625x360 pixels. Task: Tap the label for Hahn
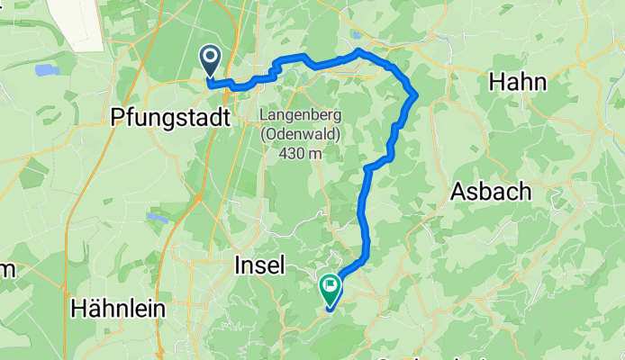[x=517, y=83]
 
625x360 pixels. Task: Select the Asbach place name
[x=491, y=193]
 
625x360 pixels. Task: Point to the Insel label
[x=259, y=265]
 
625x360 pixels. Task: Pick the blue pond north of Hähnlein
[x=157, y=217]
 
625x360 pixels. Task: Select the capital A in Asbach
[x=457, y=193]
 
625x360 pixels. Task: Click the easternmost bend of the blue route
[x=416, y=94]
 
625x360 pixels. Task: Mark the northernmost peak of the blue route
[x=358, y=50]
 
